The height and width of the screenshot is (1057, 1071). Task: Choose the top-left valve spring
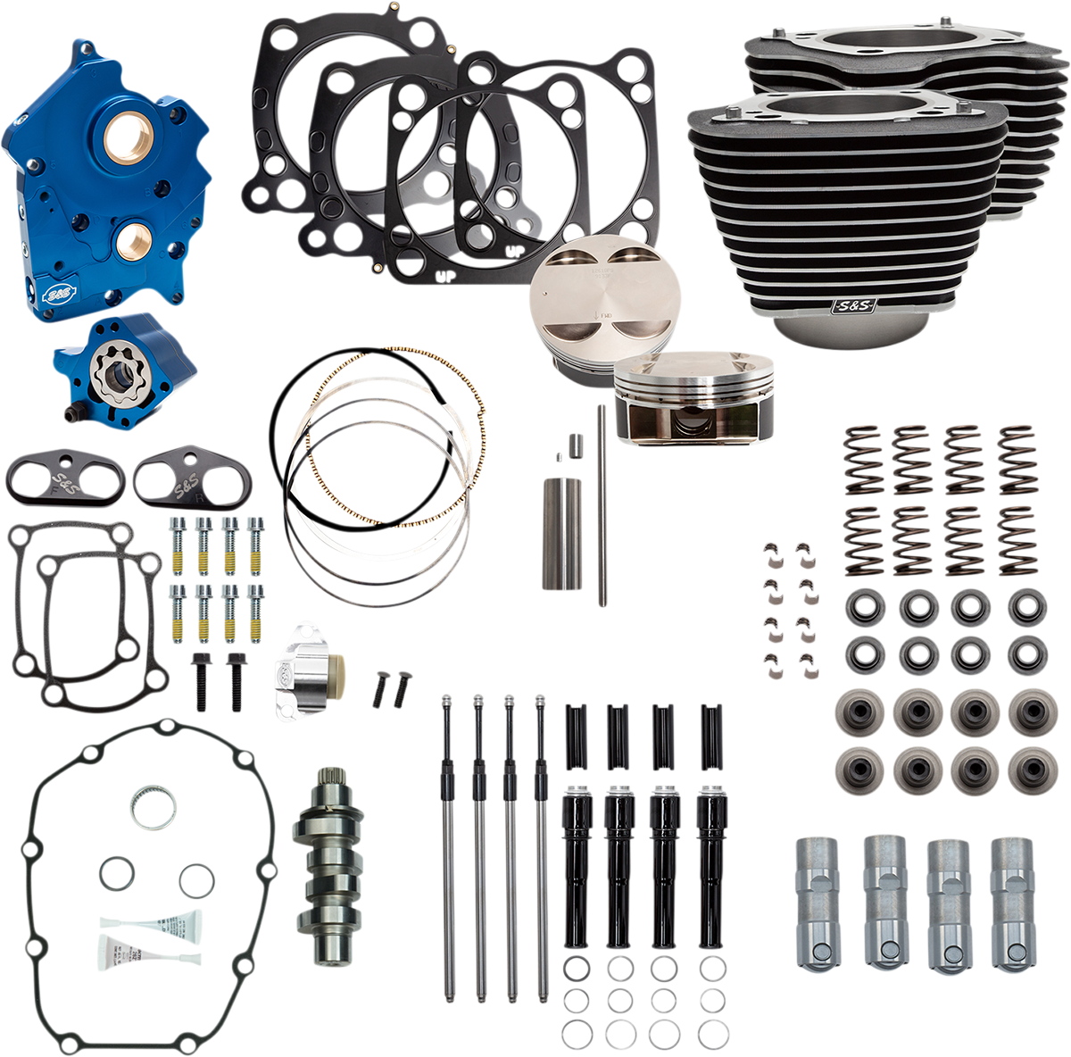(x=863, y=459)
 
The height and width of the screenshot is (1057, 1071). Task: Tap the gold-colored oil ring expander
(x=397, y=437)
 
